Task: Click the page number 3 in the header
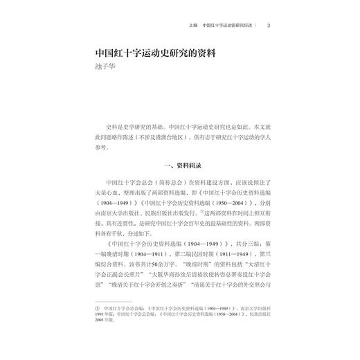(x=268, y=27)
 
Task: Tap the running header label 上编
(x=192, y=27)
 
